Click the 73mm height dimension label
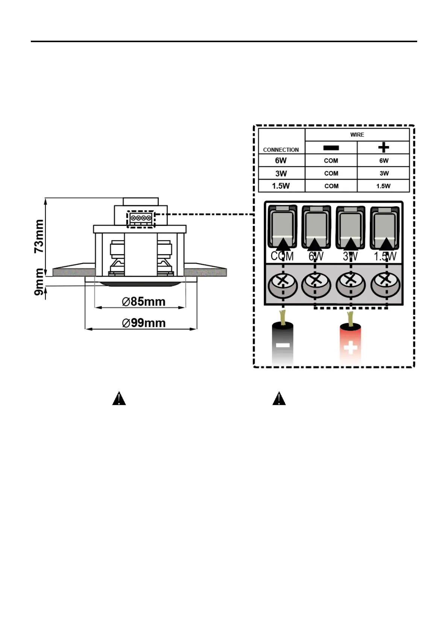point(39,236)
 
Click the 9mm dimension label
point(39,282)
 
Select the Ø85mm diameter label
point(144,302)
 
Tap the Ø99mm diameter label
point(144,323)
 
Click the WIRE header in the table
point(357,135)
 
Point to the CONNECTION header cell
point(281,149)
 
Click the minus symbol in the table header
point(331,148)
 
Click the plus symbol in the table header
point(383,148)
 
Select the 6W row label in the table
point(281,160)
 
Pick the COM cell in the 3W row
point(331,173)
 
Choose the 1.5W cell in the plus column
point(383,186)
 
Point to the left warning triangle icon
point(119,398)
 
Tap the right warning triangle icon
point(279,398)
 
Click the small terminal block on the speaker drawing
point(141,218)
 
